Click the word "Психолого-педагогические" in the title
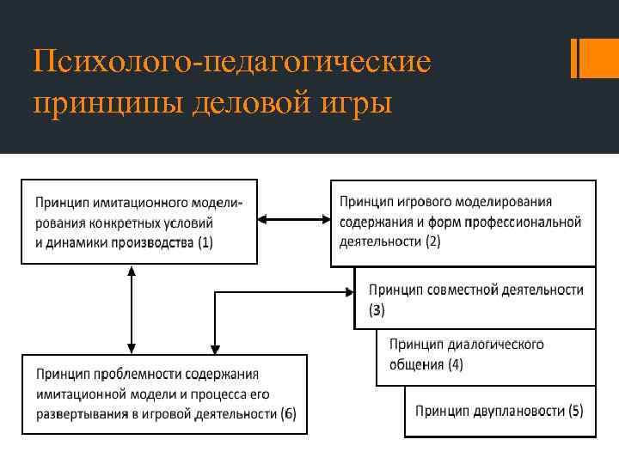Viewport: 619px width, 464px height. tap(231, 64)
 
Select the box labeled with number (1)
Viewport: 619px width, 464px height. tap(138, 222)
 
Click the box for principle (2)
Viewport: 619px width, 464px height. tap(463, 222)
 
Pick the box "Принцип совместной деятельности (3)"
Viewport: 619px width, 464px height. tap(475, 298)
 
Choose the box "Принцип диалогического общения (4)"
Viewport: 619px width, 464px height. tap(486, 355)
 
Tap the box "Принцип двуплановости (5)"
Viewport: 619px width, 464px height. tap(499, 411)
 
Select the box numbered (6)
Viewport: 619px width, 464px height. tap(164, 394)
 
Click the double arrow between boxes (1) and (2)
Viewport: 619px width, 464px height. tap(293, 222)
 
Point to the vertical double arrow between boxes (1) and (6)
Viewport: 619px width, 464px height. tap(130, 308)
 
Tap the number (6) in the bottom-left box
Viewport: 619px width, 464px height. tap(288, 415)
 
